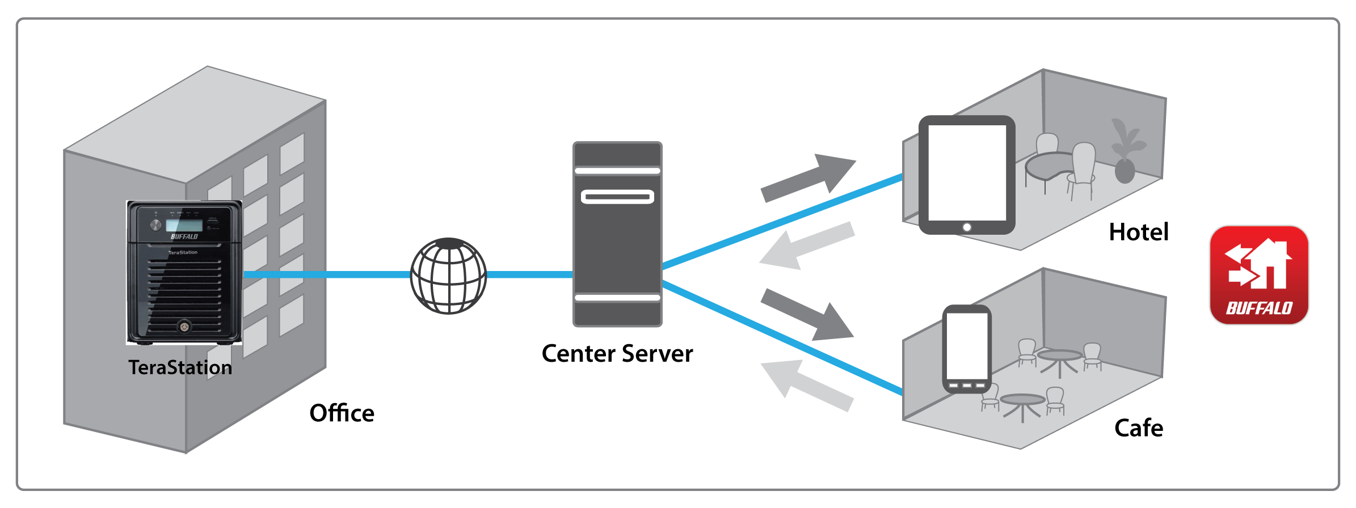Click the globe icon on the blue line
click(448, 276)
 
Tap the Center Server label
click(617, 354)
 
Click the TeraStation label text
click(180, 367)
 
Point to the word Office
click(342, 413)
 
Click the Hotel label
click(1139, 232)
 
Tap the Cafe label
click(1139, 428)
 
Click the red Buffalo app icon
click(1259, 276)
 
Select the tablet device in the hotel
click(967, 173)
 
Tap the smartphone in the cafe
click(967, 347)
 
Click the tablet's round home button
click(967, 227)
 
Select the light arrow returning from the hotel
click(806, 246)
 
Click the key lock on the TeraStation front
click(184, 327)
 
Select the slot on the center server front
click(617, 197)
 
